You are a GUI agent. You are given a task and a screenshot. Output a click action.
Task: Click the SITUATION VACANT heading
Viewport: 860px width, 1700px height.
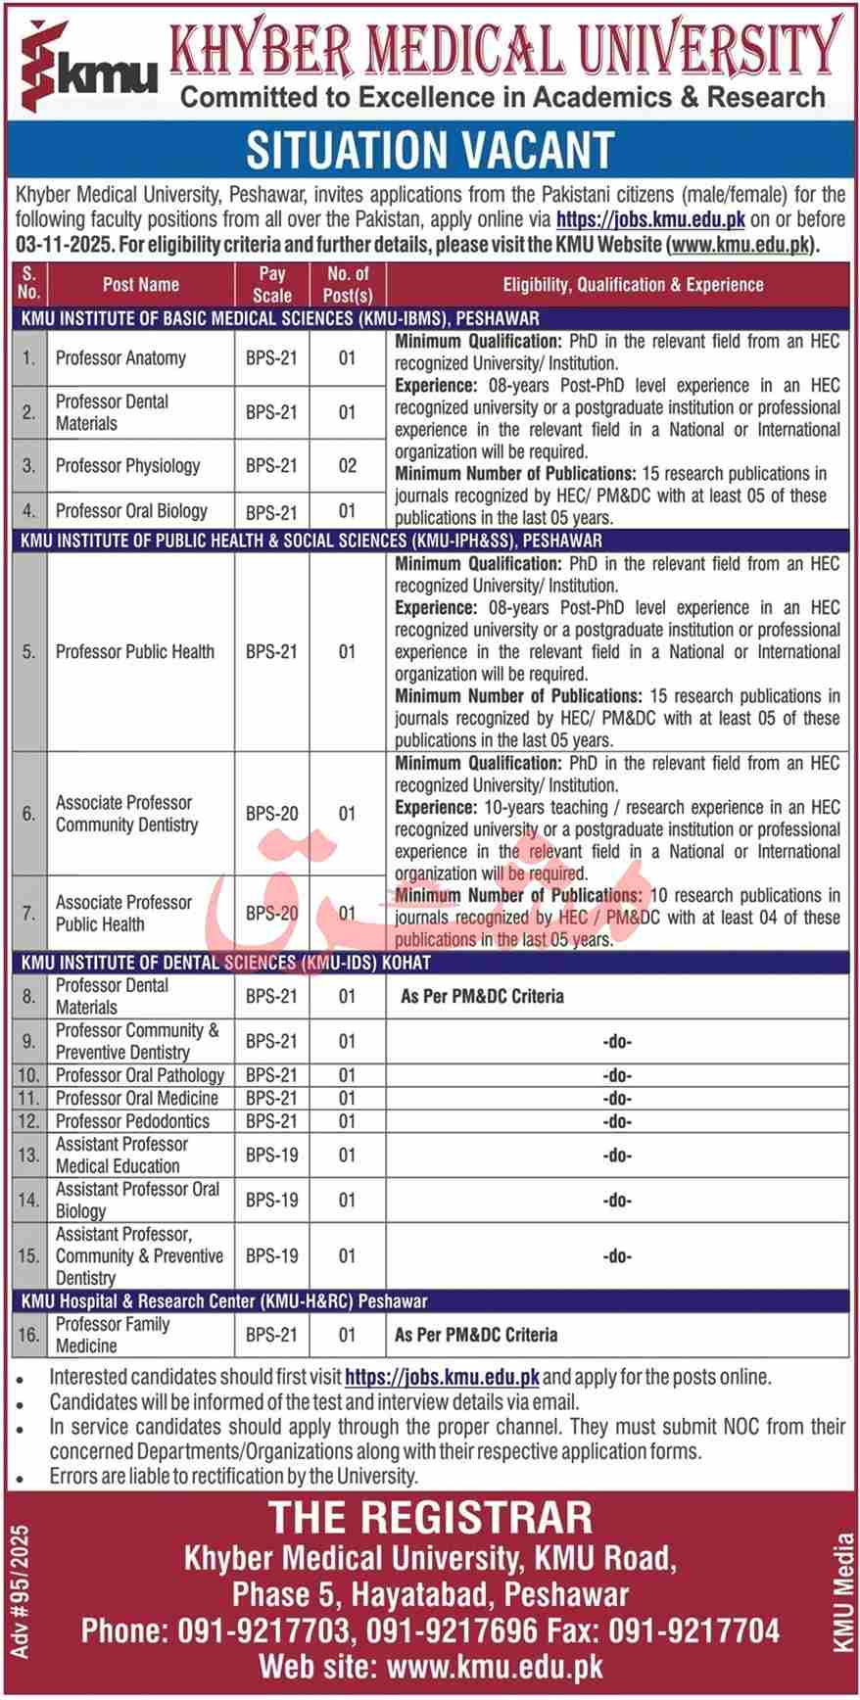point(429,150)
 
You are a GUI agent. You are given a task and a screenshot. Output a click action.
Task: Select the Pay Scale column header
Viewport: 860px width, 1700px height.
point(272,285)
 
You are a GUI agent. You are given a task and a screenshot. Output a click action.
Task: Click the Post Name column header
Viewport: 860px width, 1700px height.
point(140,285)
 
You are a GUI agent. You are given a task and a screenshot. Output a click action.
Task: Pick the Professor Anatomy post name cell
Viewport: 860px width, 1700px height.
point(120,358)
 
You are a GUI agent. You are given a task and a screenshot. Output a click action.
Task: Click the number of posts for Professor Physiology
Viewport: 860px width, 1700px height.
point(347,466)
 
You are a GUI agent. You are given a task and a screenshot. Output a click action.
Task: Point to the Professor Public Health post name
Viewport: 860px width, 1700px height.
point(134,652)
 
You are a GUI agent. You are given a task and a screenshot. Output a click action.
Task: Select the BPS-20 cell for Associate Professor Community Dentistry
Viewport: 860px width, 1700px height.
point(271,814)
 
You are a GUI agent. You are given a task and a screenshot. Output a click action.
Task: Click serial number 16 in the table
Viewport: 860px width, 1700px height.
point(28,1335)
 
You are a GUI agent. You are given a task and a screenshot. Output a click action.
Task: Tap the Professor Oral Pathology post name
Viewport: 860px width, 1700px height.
point(139,1075)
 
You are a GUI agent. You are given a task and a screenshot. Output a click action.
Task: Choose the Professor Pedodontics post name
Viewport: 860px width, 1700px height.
point(132,1121)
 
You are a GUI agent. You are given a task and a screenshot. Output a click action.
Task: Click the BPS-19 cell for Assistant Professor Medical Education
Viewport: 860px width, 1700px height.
point(271,1156)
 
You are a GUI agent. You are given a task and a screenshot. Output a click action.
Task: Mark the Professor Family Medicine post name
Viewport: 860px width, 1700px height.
point(113,1335)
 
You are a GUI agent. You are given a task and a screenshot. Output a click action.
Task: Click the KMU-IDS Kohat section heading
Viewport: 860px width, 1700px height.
point(225,963)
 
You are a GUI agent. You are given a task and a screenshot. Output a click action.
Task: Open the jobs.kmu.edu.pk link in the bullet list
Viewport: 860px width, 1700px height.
point(442,1377)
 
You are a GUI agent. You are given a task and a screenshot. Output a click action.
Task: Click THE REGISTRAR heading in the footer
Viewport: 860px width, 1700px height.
point(430,1518)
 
